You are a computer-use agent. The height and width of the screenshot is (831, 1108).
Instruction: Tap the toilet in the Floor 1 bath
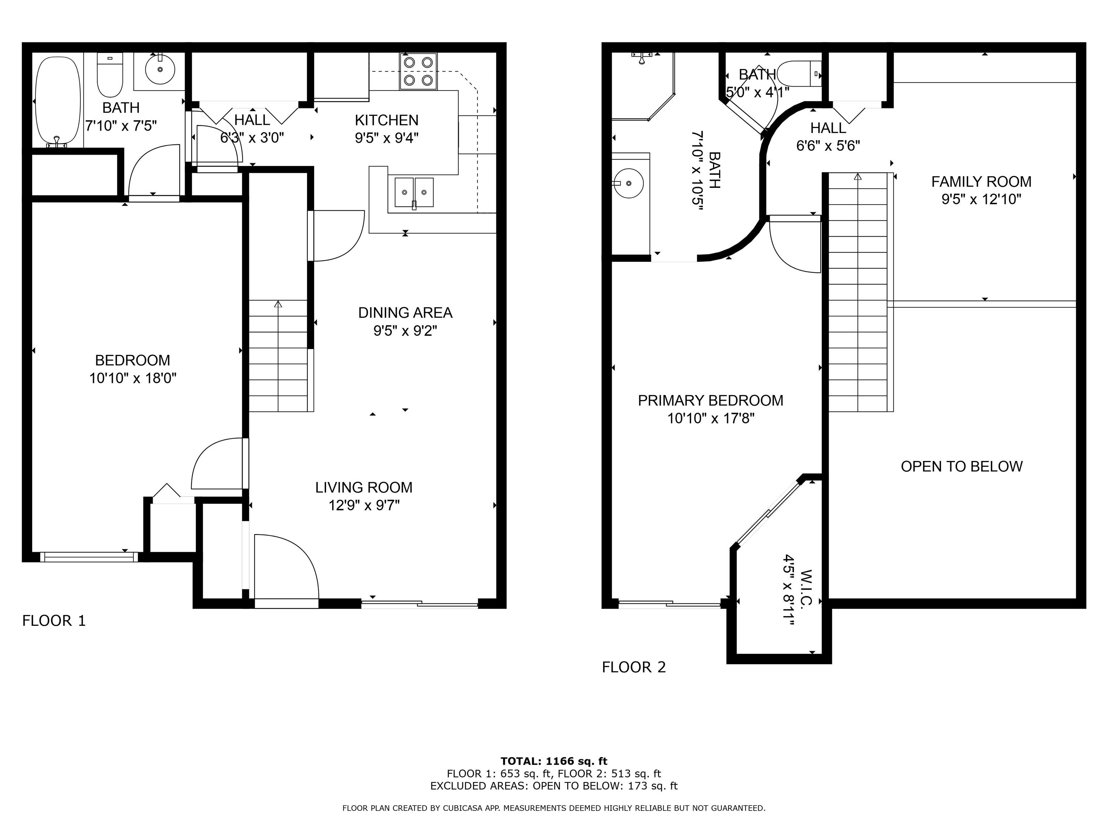[110, 75]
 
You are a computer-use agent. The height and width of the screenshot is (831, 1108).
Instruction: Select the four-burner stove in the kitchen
[418, 71]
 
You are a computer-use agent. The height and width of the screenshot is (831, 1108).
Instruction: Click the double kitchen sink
[414, 192]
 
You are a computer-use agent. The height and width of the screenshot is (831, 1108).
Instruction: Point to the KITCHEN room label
[386, 120]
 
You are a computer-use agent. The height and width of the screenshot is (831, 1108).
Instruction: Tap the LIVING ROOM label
[364, 487]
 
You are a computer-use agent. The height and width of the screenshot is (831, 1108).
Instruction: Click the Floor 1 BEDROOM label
[132, 360]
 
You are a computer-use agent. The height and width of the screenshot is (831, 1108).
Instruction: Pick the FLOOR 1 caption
[54, 621]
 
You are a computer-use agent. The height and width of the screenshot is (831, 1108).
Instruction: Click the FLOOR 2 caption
[634, 667]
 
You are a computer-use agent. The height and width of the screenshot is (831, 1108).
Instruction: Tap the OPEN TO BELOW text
[961, 466]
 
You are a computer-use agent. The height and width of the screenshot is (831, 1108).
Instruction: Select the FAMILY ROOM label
[981, 181]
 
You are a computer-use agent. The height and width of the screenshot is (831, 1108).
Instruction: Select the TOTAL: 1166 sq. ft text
[554, 761]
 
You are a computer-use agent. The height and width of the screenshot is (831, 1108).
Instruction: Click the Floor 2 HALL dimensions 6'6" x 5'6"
[828, 146]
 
